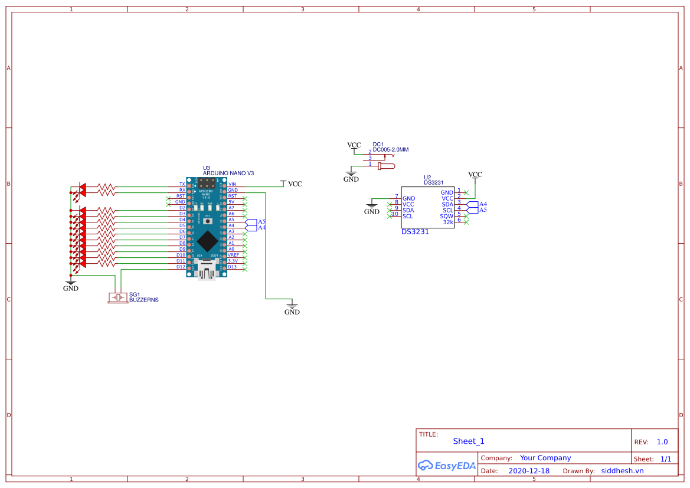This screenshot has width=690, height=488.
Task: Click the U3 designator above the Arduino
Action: (207, 168)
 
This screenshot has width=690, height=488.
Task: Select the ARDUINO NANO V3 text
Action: (228, 173)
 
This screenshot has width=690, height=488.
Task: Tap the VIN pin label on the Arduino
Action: (232, 184)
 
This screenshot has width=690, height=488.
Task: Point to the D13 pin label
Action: (233, 267)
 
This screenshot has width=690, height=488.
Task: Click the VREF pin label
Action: (234, 255)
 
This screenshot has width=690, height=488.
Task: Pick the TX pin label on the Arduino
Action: (182, 184)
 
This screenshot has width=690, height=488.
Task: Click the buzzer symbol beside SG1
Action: (117, 297)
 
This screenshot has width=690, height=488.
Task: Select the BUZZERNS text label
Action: (144, 300)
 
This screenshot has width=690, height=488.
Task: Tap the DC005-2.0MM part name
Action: (391, 150)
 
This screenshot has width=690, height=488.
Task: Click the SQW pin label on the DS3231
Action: (447, 216)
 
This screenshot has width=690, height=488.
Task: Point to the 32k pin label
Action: (448, 222)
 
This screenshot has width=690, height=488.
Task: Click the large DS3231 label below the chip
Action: (415, 232)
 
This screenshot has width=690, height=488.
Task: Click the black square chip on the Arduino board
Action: (207, 241)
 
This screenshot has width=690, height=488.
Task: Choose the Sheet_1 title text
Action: (469, 441)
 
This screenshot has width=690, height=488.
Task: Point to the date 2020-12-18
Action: (529, 471)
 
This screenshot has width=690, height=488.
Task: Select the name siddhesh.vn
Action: (622, 471)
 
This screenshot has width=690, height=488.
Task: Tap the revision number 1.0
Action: (662, 442)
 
